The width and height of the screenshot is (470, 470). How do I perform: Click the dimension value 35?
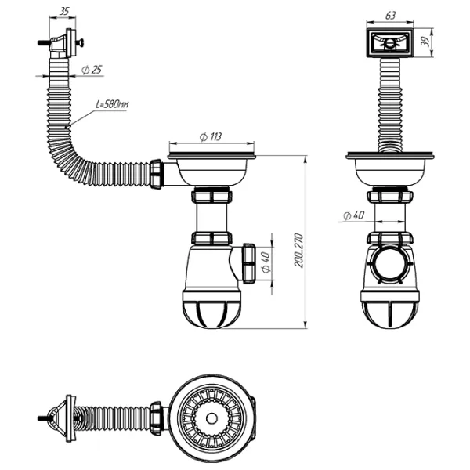[64, 12]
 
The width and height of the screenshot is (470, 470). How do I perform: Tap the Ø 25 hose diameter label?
[92, 70]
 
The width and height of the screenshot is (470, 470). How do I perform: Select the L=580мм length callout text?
[112, 104]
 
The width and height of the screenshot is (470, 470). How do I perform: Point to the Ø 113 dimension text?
[211, 137]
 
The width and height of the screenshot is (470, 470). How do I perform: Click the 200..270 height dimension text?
[299, 251]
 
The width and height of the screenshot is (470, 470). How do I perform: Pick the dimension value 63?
[390, 16]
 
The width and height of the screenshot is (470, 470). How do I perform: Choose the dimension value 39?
[425, 42]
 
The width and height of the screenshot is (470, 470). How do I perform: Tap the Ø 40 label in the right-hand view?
[354, 215]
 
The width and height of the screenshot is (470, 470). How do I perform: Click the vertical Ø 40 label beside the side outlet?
[266, 262]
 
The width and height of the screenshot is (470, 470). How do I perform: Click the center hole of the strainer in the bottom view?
[211, 418]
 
